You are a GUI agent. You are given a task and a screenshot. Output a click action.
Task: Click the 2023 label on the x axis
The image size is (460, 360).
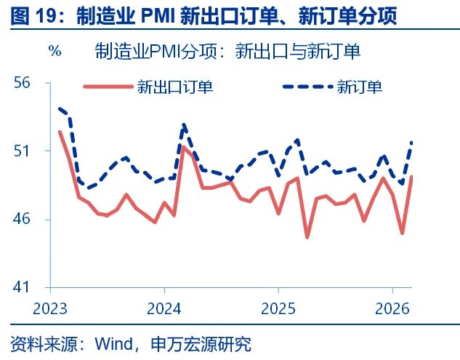click(49, 308)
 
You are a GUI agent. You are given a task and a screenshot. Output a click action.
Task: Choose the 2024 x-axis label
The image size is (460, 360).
click(164, 308)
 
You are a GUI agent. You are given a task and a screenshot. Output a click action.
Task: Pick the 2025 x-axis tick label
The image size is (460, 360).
click(278, 308)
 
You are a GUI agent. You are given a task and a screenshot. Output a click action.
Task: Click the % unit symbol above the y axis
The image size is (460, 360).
click(55, 52)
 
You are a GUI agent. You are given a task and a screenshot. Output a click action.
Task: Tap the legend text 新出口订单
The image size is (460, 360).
click(174, 87)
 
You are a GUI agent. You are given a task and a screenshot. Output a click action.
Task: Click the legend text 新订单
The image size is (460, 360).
click(360, 87)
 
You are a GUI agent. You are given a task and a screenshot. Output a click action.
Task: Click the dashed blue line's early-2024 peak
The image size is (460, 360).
click(184, 124)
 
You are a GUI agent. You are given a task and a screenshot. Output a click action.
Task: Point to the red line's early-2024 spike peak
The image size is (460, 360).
click(183, 147)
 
